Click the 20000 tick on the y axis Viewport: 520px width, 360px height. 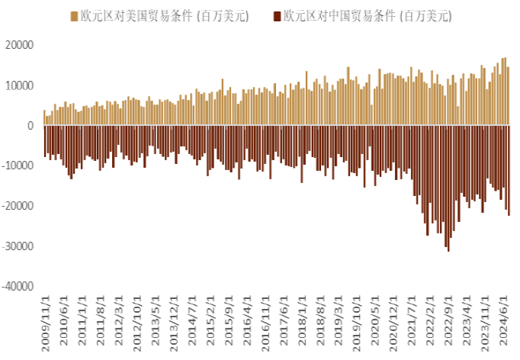pos(19,45)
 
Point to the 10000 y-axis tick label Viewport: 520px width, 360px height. pos(19,85)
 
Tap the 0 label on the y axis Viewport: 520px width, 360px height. pos(30,126)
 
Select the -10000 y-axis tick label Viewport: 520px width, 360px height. pos(18,166)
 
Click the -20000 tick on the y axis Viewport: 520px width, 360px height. pos(18,206)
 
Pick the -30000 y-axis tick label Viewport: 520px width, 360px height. pos(18,246)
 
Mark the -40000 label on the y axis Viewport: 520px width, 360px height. pos(18,287)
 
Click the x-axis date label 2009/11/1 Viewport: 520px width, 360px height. pos(45,325)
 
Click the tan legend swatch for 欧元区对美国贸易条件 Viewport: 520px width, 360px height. pos(74,15)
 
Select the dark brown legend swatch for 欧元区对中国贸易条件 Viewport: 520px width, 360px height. pos(277,15)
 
